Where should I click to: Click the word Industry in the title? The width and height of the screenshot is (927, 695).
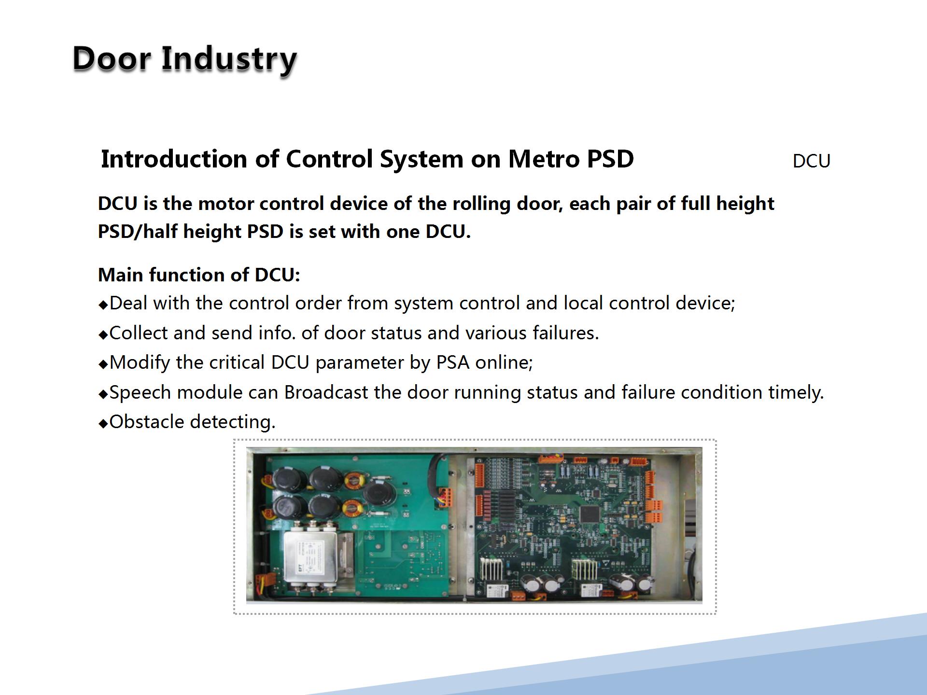pos(228,59)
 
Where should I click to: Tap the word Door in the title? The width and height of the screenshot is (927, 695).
pos(112,59)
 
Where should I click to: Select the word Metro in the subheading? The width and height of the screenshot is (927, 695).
pos(544,159)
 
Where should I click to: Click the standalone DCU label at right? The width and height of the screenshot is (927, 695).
pos(811,161)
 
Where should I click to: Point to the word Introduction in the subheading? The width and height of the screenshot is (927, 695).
pos(174,159)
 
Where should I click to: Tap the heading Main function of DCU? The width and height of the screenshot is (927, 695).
pos(199,275)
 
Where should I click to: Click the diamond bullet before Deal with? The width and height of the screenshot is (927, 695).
pos(103,305)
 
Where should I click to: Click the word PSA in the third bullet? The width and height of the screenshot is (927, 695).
pos(453,362)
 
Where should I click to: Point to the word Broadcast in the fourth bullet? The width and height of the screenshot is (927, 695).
pos(326,392)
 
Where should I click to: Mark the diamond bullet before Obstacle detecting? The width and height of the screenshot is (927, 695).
pos(103,424)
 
